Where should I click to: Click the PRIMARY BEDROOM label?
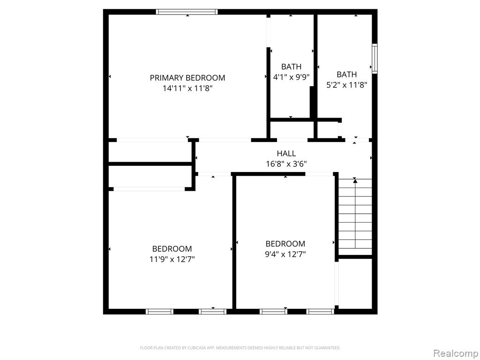[187, 78]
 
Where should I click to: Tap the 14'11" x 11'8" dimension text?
[187, 89]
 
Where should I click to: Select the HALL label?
[286, 153]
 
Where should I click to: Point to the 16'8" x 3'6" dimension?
[286, 164]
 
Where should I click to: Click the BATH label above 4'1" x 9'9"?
[291, 67]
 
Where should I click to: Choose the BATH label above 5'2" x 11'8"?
[346, 75]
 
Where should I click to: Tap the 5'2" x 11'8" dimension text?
[346, 85]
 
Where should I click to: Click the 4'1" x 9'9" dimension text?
[291, 77]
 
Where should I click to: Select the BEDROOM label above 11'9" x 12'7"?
[172, 248]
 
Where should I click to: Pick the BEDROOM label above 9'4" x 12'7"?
[285, 244]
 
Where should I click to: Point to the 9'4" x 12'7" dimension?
[285, 254]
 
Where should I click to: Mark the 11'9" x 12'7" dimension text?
[172, 259]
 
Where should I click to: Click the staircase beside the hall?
[355, 216]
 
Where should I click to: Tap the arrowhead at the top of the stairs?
[355, 181]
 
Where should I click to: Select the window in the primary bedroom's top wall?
[187, 12]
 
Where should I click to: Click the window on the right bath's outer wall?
[375, 59]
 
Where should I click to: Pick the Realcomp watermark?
[456, 353]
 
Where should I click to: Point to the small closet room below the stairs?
[355, 284]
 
